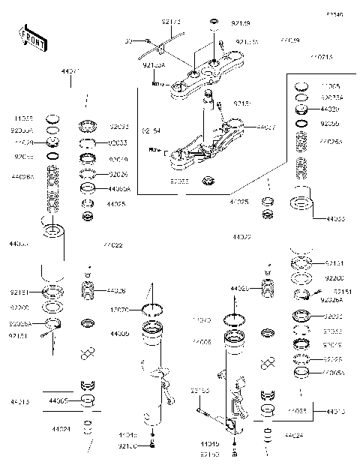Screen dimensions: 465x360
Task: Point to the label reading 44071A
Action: [323, 56]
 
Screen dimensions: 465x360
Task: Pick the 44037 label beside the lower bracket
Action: [265, 128]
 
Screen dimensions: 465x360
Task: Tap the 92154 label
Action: [151, 130]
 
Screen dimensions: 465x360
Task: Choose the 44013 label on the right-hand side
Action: [336, 411]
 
